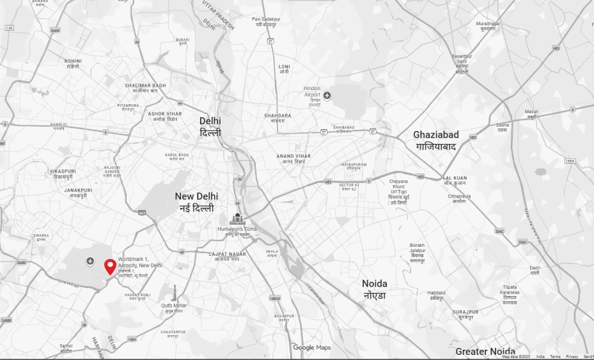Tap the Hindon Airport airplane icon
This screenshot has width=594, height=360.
[x=327, y=96]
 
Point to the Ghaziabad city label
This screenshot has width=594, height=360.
[x=435, y=140]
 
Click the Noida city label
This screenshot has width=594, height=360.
[x=375, y=289]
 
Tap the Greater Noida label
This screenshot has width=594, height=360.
[x=485, y=352]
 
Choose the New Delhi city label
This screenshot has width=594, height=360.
[x=196, y=202]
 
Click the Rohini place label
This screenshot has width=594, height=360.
[x=73, y=63]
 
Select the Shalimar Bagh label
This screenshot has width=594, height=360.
[x=145, y=88]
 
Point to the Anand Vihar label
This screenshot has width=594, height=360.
[x=293, y=159]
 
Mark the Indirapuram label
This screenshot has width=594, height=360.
[x=354, y=166]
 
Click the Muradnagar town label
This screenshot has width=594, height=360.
[x=488, y=26]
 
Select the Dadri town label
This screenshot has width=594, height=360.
[x=535, y=270]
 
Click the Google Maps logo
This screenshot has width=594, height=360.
[x=312, y=347]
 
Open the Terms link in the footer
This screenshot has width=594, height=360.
[x=555, y=357]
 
